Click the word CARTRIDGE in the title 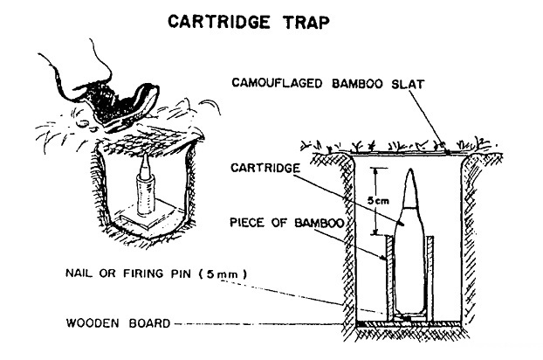(219, 22)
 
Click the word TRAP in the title (306, 22)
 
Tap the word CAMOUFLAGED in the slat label (277, 83)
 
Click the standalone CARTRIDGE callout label (265, 168)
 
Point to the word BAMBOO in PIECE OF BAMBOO (319, 223)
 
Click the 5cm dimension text (378, 200)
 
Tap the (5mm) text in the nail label (223, 273)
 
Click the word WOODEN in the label (93, 323)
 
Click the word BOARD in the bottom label (149, 323)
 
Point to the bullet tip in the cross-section (410, 171)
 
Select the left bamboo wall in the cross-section (390, 278)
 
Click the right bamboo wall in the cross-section (430, 278)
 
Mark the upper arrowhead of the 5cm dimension (374, 170)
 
